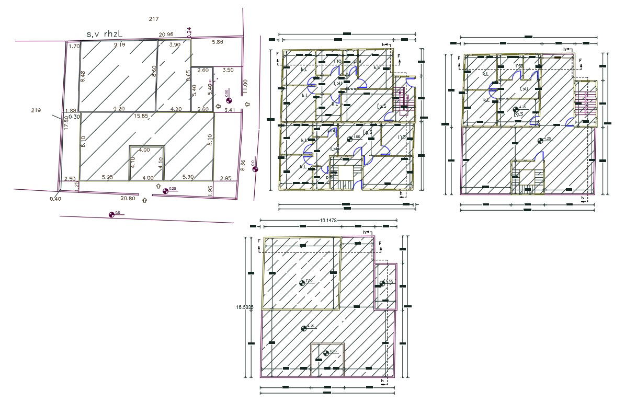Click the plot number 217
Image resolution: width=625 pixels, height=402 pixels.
click(153, 19)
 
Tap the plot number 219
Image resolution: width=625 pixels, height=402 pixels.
click(36, 110)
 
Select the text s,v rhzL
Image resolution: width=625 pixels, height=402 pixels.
click(105, 34)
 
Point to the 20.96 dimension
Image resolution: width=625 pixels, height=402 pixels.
click(166, 35)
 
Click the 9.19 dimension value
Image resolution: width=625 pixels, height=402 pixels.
click(119, 45)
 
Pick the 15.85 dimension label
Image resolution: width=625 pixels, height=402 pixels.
click(141, 116)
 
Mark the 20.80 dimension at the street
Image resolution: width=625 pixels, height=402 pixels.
click(128, 199)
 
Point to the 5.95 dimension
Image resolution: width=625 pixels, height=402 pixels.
click(108, 178)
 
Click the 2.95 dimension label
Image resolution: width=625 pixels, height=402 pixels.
click(225, 179)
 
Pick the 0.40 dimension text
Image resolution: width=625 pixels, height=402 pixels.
click(55, 199)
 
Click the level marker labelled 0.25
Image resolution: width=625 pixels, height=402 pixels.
click(166, 191)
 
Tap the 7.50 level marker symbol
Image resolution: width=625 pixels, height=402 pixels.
click(302, 283)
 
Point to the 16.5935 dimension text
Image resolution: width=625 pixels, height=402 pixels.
click(245, 307)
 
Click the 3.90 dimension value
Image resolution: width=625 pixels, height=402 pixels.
click(175, 45)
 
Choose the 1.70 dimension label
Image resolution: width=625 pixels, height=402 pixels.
click(74, 46)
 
